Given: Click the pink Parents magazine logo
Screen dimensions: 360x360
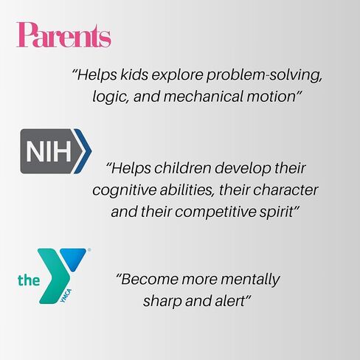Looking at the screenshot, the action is click(63, 35).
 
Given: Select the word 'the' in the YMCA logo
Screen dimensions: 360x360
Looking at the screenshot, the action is click(29, 280).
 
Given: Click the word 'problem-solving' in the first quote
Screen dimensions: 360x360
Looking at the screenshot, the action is click(264, 75).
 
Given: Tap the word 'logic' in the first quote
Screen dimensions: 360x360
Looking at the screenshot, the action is click(111, 97).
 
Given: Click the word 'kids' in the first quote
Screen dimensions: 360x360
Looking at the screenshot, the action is click(134, 75).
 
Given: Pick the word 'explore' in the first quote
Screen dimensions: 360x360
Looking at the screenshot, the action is click(177, 75).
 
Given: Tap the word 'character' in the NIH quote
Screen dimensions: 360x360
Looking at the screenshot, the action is click(285, 190).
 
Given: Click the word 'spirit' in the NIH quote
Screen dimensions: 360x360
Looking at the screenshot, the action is click(278, 212).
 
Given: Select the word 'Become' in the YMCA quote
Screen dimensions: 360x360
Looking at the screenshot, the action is click(148, 280).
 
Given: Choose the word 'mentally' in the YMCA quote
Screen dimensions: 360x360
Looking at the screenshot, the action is click(250, 280).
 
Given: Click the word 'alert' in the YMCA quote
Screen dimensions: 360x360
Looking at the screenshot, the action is click(232, 301).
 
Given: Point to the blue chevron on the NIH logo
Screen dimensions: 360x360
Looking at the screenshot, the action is click(83, 151).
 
